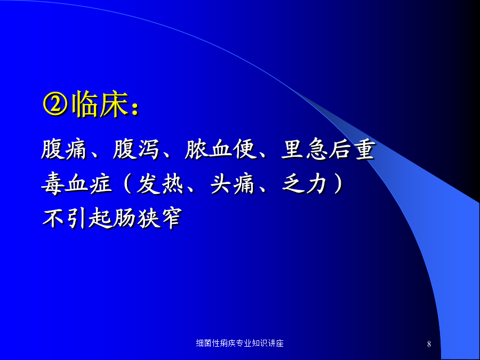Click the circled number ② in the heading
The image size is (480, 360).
pos(55,105)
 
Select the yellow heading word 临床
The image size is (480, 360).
pos(100,105)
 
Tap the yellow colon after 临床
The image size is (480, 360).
pos(135,109)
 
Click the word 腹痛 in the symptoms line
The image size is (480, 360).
pos(65,150)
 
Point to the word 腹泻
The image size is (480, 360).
pos(136,150)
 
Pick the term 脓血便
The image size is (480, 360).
pos(220,150)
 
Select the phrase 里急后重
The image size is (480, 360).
pos(328,150)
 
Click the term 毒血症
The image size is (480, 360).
pos(76,184)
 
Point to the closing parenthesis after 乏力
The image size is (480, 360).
pos(338,184)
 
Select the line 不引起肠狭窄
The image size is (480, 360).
pos(113,218)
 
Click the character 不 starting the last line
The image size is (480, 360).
pos(53,218)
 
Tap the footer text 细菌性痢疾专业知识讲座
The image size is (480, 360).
pos(239,343)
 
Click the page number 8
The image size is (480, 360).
pos(429,344)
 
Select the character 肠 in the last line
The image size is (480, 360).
pos(124,218)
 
